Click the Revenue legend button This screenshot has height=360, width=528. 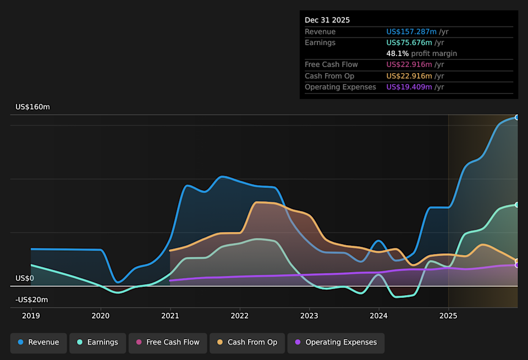point(38,342)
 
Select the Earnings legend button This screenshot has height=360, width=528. point(97,342)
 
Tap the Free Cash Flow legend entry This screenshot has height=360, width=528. point(167,342)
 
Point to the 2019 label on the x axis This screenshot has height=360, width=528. point(31,315)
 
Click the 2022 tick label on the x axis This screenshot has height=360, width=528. point(239,315)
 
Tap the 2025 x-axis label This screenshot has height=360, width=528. point(448,315)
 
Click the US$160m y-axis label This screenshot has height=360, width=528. point(32,107)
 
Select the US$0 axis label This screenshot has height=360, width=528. point(25,278)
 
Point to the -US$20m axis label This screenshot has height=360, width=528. point(31,300)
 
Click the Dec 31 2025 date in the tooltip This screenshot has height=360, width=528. point(327,20)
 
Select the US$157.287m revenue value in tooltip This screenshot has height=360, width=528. point(411,32)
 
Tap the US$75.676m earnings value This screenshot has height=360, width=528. point(409,43)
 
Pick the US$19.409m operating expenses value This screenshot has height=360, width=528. point(409,87)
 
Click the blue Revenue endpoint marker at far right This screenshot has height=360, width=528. point(517,117)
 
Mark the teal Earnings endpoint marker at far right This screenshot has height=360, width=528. point(517,204)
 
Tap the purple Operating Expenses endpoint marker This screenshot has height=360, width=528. point(517,265)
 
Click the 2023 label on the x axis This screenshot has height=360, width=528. point(309,315)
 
